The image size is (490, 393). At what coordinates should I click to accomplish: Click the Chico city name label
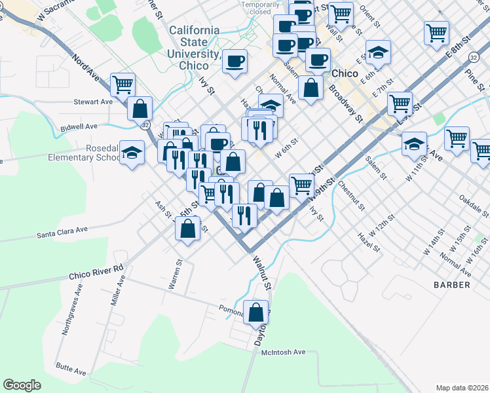[345, 73]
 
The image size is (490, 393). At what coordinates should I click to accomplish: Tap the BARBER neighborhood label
[452, 285]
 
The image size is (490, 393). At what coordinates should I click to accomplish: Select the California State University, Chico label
[194, 48]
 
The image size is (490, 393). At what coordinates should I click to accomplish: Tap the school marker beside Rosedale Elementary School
[132, 155]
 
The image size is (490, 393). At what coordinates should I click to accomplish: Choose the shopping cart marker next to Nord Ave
[122, 84]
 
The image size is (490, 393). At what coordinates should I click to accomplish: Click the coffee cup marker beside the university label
[235, 62]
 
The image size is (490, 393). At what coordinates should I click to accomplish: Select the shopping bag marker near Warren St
[188, 230]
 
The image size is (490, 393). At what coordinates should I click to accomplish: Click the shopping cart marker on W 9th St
[301, 185]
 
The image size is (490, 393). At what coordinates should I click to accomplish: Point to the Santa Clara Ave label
[62, 232]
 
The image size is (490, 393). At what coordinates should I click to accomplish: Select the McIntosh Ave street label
[284, 352]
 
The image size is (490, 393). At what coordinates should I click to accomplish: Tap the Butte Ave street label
[71, 369]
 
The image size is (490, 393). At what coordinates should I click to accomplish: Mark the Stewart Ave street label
[93, 102]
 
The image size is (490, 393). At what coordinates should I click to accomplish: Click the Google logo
[22, 385]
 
